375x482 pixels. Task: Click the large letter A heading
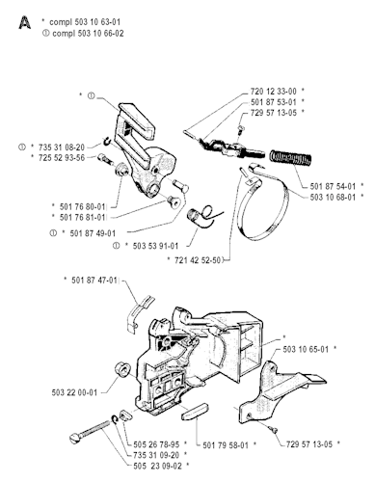(25, 23)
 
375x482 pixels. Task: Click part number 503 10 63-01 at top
(97, 22)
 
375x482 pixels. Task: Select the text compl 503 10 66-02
(88, 34)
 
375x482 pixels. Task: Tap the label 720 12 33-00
(274, 92)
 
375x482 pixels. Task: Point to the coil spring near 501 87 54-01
(291, 158)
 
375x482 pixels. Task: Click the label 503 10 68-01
(333, 197)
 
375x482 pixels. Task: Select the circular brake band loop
(262, 205)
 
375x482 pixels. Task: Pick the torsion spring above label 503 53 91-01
(203, 216)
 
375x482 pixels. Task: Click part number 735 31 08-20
(62, 147)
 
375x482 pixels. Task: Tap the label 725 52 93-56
(62, 158)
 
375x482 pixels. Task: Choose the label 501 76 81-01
(83, 217)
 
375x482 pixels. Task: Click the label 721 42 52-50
(198, 260)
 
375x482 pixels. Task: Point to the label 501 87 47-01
(94, 281)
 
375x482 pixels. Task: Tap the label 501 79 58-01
(226, 445)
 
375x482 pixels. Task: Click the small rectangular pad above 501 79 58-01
(196, 412)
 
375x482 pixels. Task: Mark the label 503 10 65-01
(306, 349)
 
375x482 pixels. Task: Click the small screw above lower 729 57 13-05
(274, 428)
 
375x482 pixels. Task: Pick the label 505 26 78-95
(156, 444)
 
